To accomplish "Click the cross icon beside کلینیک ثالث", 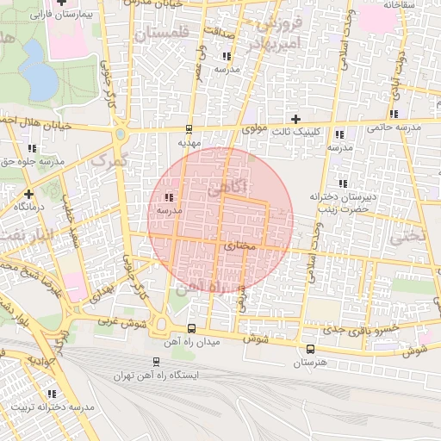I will (296, 119).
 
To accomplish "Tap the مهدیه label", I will (189, 143).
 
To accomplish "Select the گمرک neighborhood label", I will (109, 159).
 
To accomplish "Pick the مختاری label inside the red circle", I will (240, 246).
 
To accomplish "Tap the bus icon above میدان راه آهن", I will (190, 328).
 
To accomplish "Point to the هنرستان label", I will (310, 363).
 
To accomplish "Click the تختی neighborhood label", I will (408, 235).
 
